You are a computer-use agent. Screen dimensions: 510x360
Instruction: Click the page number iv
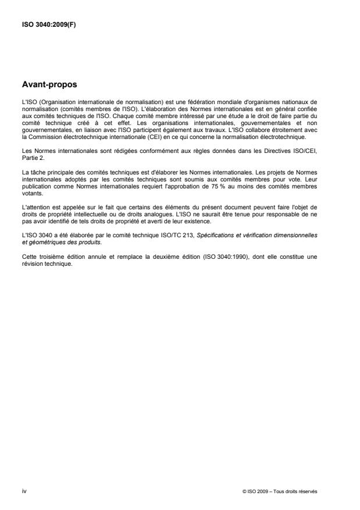(24, 491)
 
